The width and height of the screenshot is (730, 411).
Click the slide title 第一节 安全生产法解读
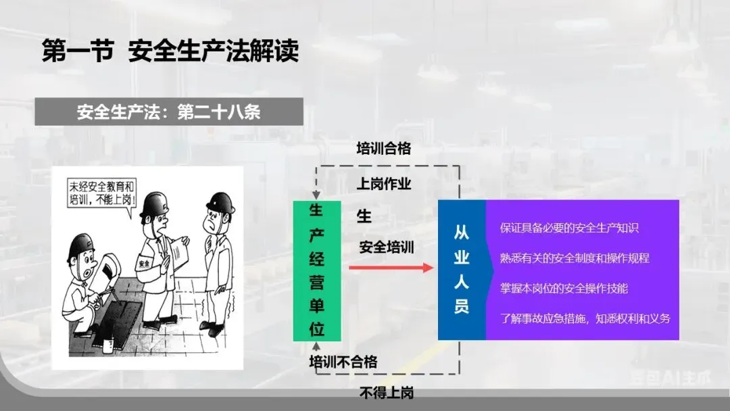(170, 51)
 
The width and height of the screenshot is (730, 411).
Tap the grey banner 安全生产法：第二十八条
(168, 112)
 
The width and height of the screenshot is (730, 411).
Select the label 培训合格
(383, 148)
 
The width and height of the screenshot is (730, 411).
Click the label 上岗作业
(383, 183)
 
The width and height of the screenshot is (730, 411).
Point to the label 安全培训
(386, 247)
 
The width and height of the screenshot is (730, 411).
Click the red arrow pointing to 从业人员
(391, 268)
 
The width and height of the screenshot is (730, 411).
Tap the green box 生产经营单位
(316, 270)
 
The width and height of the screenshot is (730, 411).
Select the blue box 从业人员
(462, 270)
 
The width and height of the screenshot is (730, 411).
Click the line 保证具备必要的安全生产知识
(569, 228)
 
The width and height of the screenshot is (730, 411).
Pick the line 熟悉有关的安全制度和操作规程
(575, 258)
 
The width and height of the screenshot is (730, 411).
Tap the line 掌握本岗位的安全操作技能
(564, 288)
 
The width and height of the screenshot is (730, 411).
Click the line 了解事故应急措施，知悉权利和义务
(585, 318)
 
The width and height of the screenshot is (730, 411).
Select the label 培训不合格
(343, 362)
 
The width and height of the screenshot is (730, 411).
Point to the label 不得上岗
(386, 393)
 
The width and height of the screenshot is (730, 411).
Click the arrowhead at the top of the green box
(316, 195)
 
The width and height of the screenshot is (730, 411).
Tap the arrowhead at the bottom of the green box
(316, 347)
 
